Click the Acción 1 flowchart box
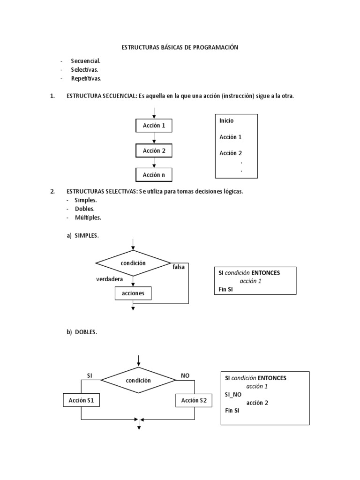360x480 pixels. (x=154, y=126)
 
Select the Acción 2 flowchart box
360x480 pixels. (x=154, y=150)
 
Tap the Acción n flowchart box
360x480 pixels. (x=154, y=175)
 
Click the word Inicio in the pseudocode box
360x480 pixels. (x=226, y=120)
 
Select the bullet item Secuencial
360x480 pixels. (x=85, y=61)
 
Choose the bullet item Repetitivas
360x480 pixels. (x=86, y=78)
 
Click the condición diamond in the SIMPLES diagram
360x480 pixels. (x=133, y=263)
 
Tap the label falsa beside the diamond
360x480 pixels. (x=179, y=267)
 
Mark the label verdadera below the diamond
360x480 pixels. (x=110, y=279)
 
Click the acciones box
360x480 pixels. (x=133, y=293)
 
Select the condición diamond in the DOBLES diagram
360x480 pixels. (x=138, y=380)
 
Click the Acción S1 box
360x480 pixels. (x=81, y=400)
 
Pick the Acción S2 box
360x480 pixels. (x=194, y=400)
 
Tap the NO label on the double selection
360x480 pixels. (x=185, y=375)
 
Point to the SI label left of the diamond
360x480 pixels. (x=90, y=375)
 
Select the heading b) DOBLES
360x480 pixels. (x=82, y=332)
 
